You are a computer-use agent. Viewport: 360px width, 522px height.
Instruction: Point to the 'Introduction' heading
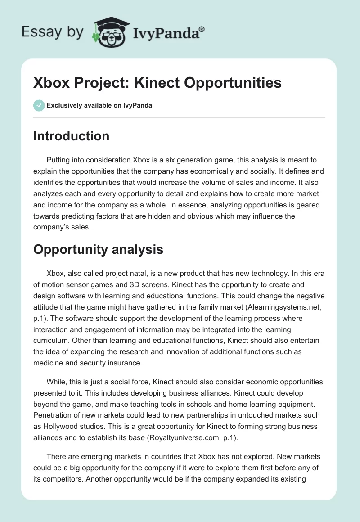click(71, 136)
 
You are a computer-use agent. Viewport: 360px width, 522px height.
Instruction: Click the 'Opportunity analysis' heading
click(98, 250)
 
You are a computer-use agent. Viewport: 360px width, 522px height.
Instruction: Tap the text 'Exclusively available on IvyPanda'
click(99, 105)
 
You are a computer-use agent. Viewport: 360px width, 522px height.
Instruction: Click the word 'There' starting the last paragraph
click(57, 457)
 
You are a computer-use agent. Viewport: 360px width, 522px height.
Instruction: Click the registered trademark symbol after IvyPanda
click(202, 29)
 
